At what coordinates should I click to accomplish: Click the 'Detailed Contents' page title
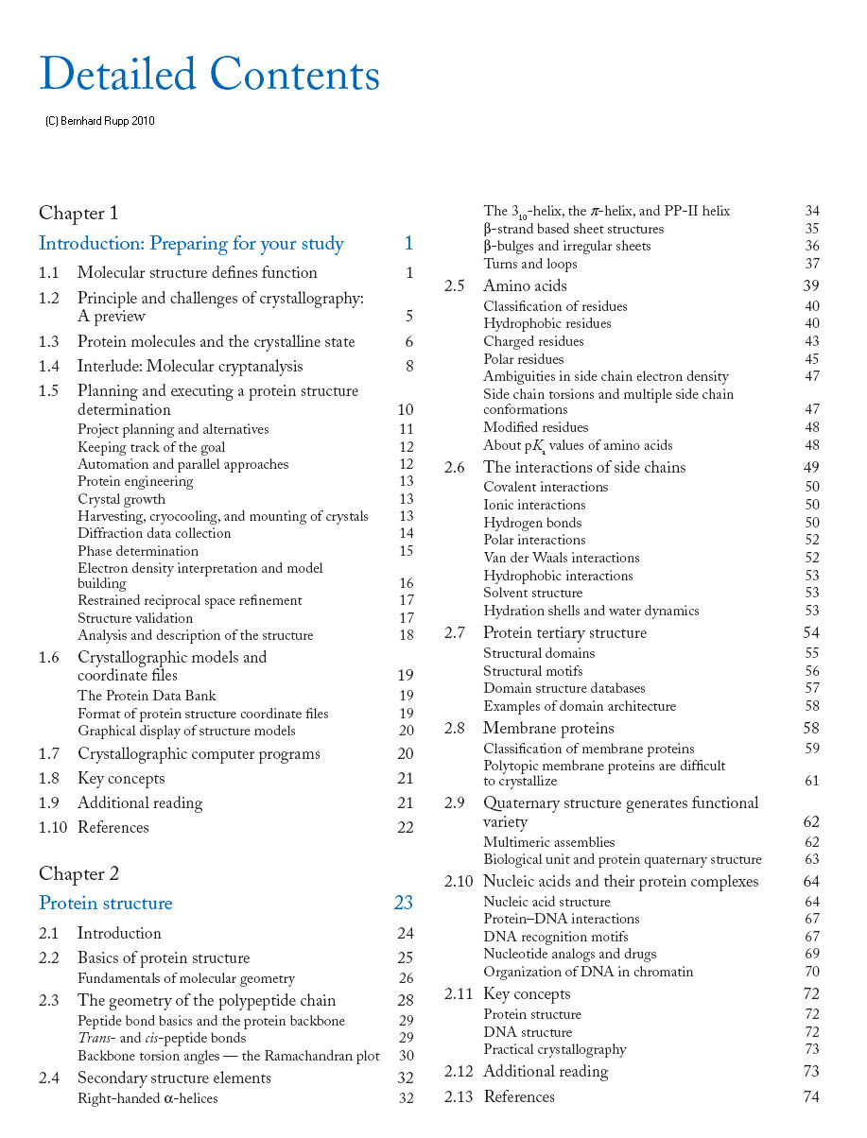click(209, 74)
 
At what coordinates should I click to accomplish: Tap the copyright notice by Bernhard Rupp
click(100, 121)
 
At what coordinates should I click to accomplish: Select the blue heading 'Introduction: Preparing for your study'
click(191, 244)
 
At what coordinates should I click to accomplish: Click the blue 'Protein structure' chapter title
click(106, 903)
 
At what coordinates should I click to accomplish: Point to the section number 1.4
click(49, 366)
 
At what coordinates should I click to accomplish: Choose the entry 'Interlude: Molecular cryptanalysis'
click(190, 366)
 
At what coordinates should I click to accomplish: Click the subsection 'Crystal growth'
click(121, 499)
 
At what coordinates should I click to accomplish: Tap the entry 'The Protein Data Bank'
click(147, 696)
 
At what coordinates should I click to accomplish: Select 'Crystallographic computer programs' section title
click(199, 753)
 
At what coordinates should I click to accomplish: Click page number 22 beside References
click(406, 827)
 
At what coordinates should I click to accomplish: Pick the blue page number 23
click(404, 903)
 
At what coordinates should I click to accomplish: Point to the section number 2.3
click(49, 1000)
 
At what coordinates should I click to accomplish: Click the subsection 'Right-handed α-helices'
click(147, 1097)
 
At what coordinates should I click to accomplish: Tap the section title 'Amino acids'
click(525, 285)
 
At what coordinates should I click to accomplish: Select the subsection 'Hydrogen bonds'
click(532, 523)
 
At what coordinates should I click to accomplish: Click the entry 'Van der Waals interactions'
click(562, 558)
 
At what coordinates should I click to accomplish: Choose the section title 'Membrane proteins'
click(548, 728)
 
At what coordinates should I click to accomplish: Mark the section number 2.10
click(459, 881)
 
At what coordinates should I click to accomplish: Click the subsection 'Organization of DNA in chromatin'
click(588, 972)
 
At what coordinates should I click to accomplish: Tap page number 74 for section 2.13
click(811, 1096)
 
